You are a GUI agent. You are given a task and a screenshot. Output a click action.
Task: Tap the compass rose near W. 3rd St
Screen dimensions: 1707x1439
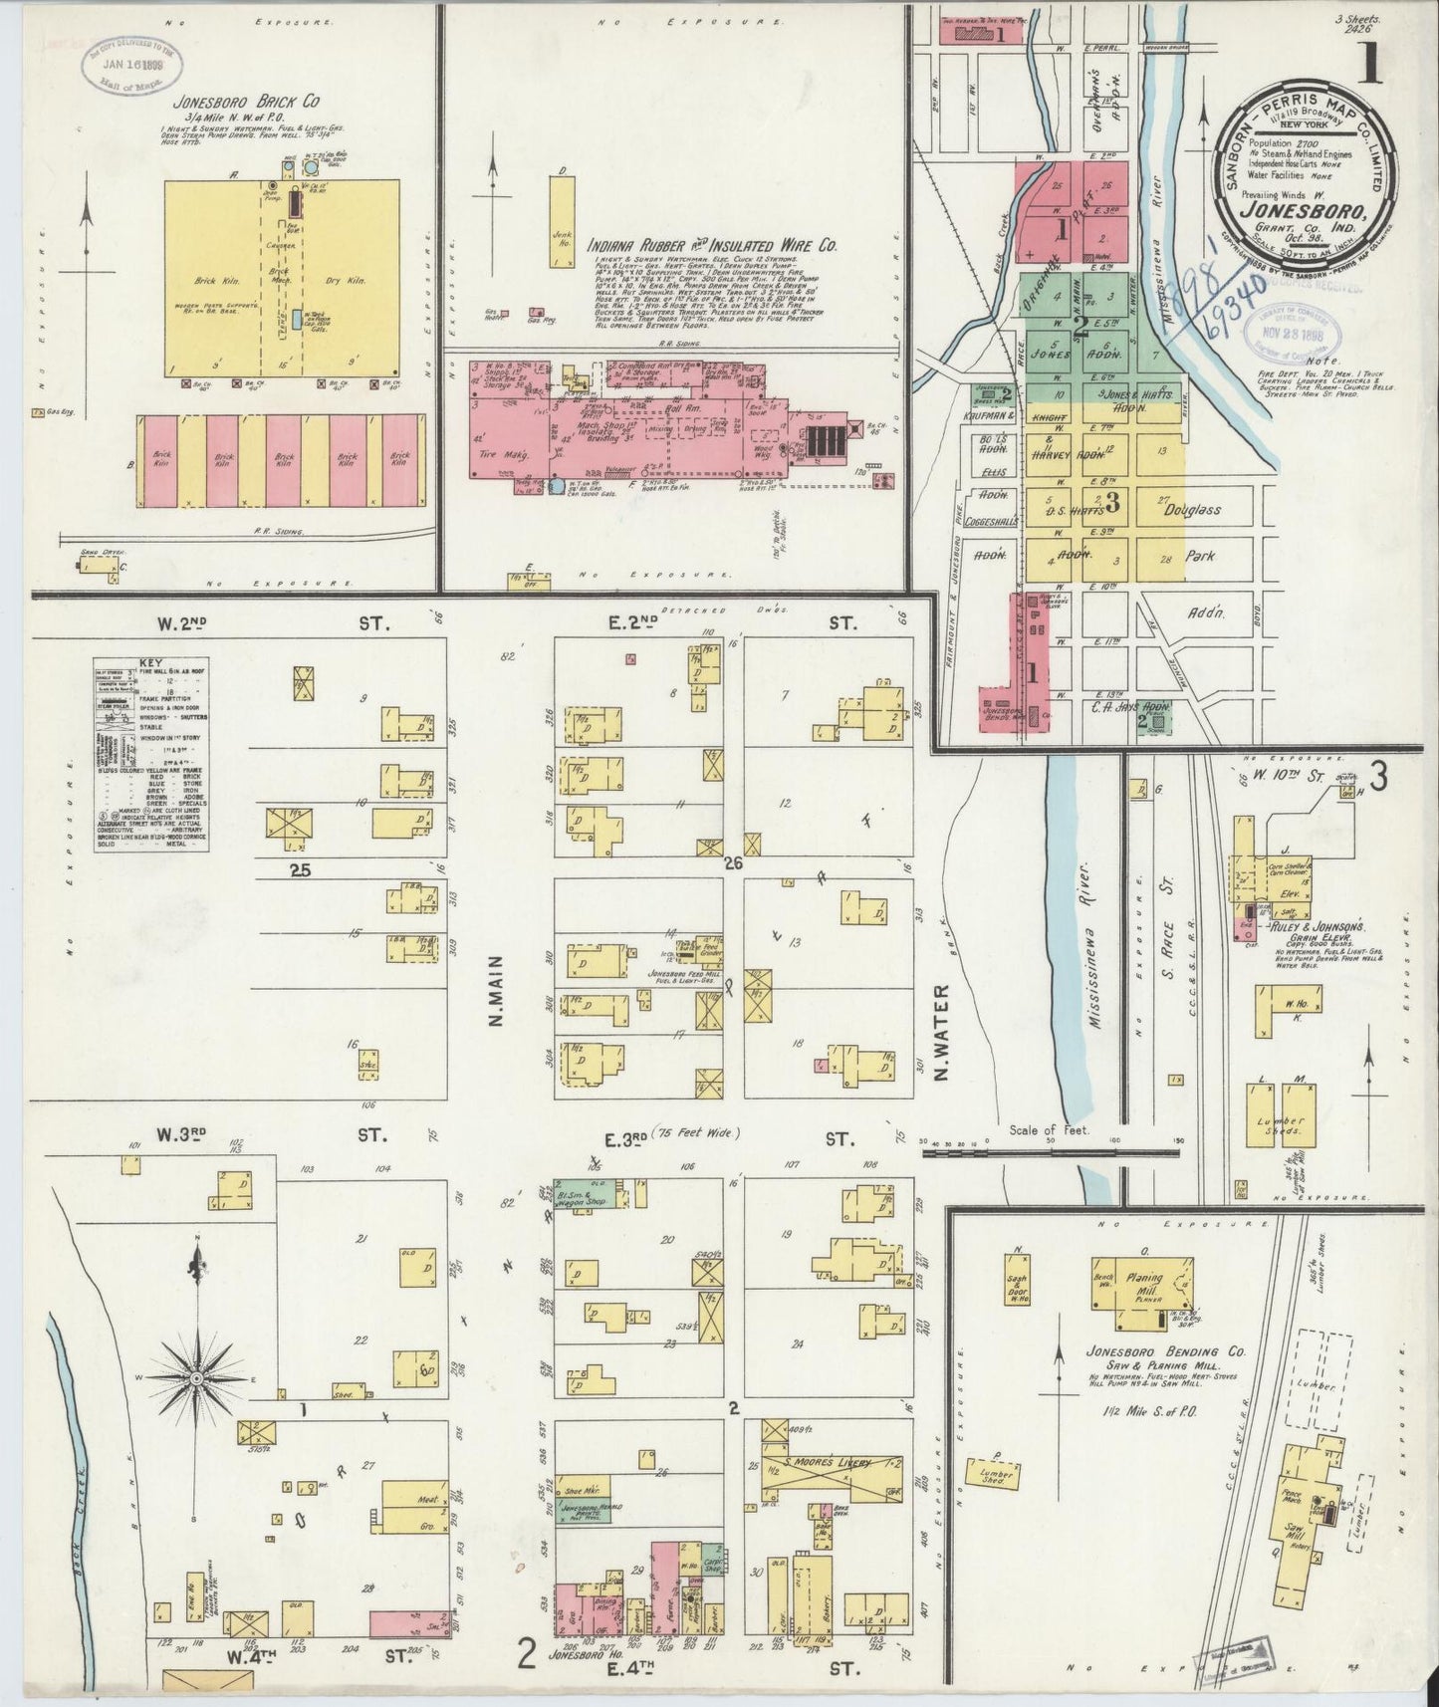197,1377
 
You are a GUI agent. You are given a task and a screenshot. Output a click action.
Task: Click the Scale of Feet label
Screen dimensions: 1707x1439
1050,1130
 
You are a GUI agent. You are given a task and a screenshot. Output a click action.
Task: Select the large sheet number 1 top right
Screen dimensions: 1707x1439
1371,71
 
